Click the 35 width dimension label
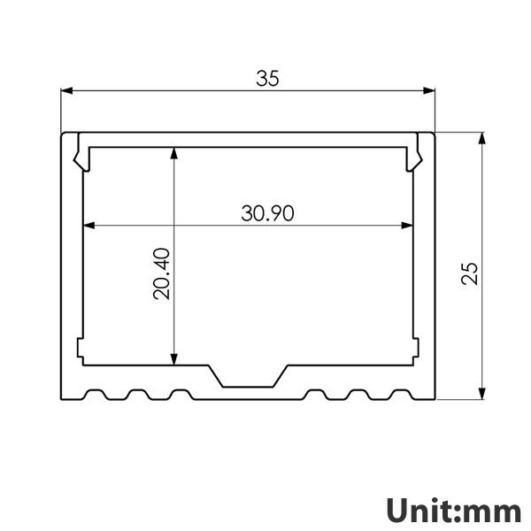[x=267, y=79]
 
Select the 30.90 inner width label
[x=267, y=213]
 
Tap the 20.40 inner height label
[x=161, y=273]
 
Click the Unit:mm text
[x=453, y=510]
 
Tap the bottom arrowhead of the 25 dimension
[x=481, y=394]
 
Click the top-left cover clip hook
[x=79, y=154]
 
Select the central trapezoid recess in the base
[x=249, y=376]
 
